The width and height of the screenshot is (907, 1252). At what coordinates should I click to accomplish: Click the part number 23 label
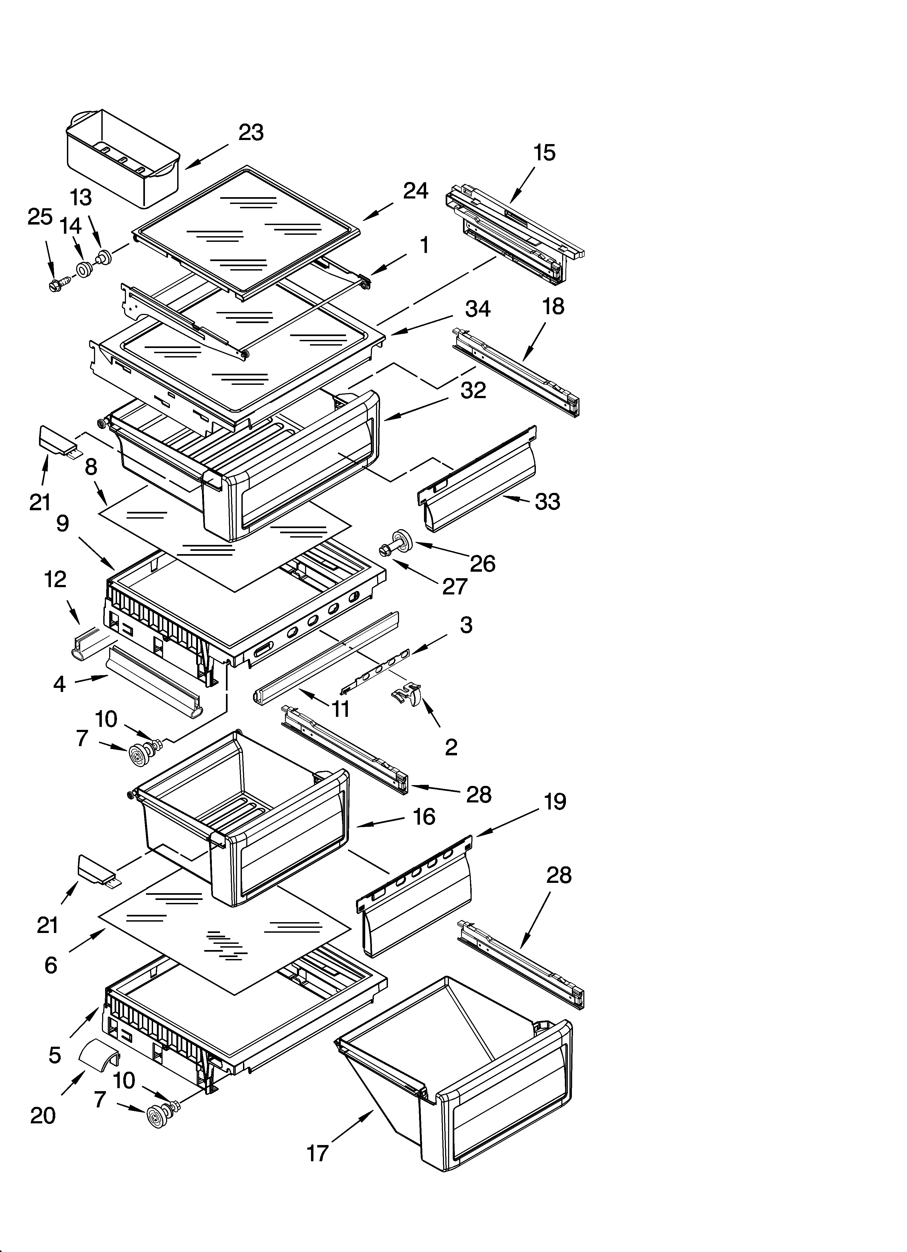click(251, 132)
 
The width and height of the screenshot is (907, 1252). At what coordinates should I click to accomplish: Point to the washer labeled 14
click(85, 270)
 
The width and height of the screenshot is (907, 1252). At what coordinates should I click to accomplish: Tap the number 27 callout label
click(455, 586)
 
